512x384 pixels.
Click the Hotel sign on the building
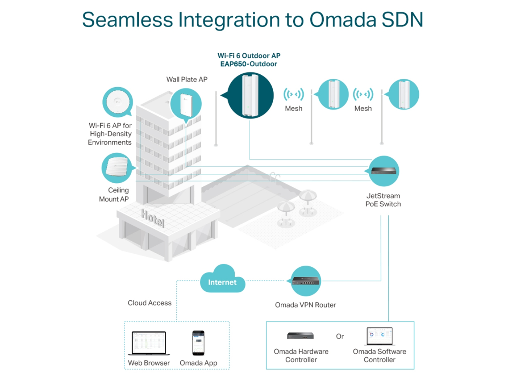tap(153, 218)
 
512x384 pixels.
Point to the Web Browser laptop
tap(149, 343)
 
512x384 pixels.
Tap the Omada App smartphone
tap(198, 343)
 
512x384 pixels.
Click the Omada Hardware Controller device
tap(300, 336)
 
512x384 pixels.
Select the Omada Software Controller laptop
tap(380, 336)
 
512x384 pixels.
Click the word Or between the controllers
tap(340, 336)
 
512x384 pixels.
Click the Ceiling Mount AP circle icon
tap(117, 168)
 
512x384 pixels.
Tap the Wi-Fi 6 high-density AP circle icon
tap(118, 102)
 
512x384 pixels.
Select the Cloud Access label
tap(150, 303)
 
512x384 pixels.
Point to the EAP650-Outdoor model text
tap(249, 64)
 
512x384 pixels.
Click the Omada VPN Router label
tap(306, 305)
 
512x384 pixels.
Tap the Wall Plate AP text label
tap(187, 79)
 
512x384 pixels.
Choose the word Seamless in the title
tap(128, 20)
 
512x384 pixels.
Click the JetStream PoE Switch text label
tap(383, 200)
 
